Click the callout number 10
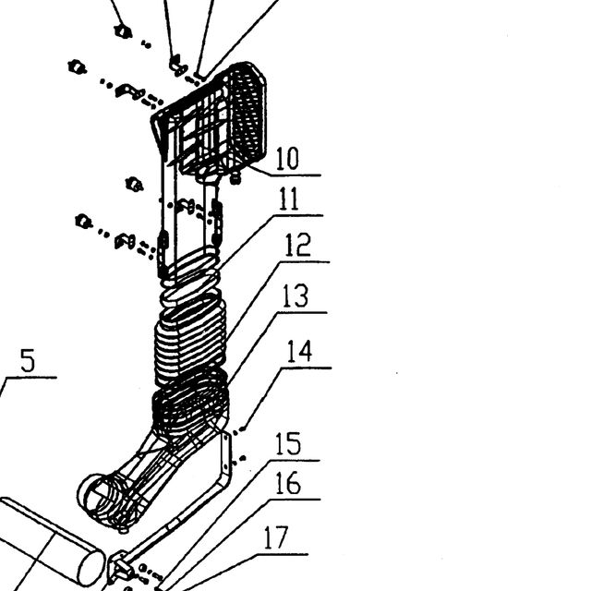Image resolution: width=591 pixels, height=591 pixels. pos(287,158)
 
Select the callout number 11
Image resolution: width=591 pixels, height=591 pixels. pos(289,199)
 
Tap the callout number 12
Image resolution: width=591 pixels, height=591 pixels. pos(297,245)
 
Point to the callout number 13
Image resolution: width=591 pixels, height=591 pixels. pos(295,295)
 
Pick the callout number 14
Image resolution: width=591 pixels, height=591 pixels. pos(299,351)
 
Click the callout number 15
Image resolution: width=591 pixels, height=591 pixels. pos(288,443)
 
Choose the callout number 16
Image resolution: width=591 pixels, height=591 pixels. pos(288,483)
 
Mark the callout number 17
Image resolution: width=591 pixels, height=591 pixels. pos(276,537)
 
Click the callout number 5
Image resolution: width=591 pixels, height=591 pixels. pos(28,360)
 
